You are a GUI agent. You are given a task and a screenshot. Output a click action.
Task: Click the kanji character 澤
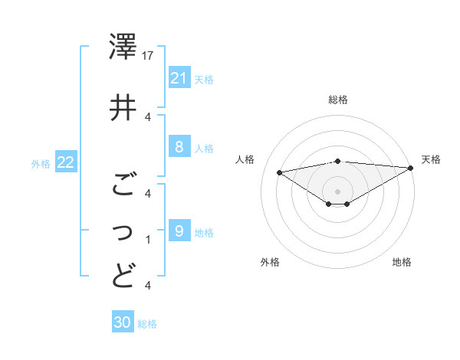[123, 47]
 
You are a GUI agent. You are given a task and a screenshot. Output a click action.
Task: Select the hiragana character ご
[123, 185]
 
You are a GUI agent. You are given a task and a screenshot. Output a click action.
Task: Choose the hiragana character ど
[123, 275]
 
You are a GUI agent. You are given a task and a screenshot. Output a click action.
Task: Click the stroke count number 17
[149, 56]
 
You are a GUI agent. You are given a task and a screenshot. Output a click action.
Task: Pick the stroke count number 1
[148, 240]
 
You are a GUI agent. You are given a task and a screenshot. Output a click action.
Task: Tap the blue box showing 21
[179, 78]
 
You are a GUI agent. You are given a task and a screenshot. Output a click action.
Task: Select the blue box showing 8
[179, 147]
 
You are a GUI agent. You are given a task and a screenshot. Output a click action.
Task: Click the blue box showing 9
[179, 231]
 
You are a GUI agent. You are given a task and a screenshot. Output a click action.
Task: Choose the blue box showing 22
[66, 162]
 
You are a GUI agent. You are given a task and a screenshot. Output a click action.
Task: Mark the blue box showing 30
[123, 323]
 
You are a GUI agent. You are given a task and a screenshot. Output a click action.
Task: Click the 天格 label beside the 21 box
[204, 79]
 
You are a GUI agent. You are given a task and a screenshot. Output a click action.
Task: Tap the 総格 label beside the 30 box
[147, 324]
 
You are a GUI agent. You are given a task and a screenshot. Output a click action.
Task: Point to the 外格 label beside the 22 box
[41, 162]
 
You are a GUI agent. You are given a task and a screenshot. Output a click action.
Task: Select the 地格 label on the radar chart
[402, 262]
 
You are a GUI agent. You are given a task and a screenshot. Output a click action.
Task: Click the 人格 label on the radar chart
[245, 159]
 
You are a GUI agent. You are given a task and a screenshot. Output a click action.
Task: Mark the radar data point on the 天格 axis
[411, 168]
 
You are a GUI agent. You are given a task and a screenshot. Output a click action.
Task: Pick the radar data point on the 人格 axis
[279, 172]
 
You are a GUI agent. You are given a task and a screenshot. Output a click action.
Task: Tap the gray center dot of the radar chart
[337, 191]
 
